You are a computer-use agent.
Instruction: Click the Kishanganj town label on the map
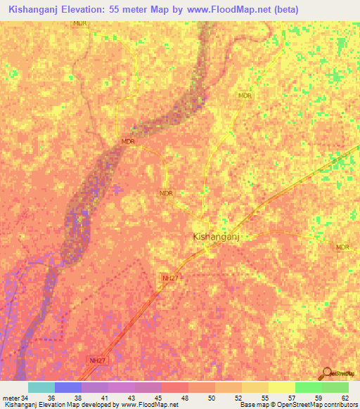[x=217, y=238]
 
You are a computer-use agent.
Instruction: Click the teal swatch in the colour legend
[x=41, y=387]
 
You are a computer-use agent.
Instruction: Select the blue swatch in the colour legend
[x=67, y=387]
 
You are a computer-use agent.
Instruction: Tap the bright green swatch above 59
[x=308, y=387]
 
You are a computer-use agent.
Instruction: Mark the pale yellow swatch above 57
[x=281, y=387]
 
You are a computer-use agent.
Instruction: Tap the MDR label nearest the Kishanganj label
[x=166, y=193]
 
